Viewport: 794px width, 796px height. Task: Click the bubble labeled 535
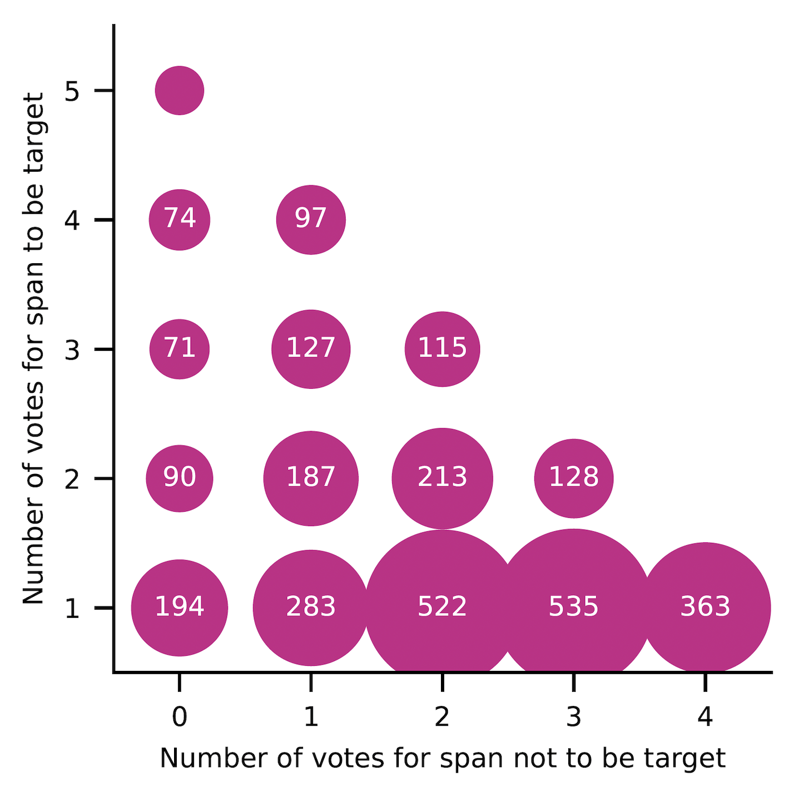coord(573,607)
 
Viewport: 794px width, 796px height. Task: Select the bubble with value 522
coord(442,607)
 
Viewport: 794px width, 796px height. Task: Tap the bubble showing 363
coord(705,607)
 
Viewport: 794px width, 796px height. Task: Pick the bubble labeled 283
coord(311,607)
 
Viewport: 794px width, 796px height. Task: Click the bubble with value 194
coord(180,607)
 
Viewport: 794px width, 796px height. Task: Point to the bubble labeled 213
coord(442,478)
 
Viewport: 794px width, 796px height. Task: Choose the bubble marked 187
coord(311,478)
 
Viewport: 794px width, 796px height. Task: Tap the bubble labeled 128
coord(573,478)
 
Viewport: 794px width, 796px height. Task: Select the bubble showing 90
coord(180,478)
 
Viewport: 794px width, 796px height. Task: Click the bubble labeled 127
coord(311,349)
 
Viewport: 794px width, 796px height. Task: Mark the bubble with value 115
coord(442,349)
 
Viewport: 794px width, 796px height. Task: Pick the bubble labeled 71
coord(180,349)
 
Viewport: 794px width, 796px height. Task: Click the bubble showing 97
coord(311,220)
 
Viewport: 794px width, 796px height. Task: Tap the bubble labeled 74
coord(180,220)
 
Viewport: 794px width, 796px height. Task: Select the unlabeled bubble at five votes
coord(180,91)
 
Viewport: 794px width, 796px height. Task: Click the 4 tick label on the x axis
coord(705,718)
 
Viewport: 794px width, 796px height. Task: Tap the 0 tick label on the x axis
coord(180,718)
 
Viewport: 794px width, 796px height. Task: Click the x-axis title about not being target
coord(443,758)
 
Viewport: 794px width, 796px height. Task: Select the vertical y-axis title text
coord(33,348)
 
